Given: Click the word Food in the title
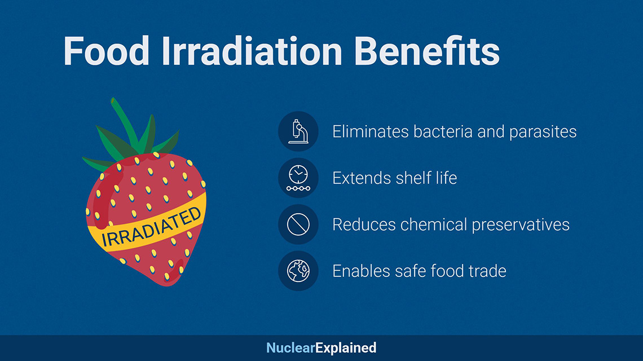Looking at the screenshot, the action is click(106, 51).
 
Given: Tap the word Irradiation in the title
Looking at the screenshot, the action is click(252, 51).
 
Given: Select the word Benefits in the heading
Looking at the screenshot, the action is click(427, 51).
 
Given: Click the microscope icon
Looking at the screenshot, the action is click(298, 131).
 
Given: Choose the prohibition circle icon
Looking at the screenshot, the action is click(298, 224).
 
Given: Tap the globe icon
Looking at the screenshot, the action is click(298, 271).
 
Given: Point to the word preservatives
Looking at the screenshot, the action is click(521, 225).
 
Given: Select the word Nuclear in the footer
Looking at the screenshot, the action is click(290, 348).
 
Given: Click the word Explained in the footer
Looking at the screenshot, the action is click(346, 348).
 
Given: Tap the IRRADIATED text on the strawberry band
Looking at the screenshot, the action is click(151, 227).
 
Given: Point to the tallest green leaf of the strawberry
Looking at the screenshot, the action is click(125, 123).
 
